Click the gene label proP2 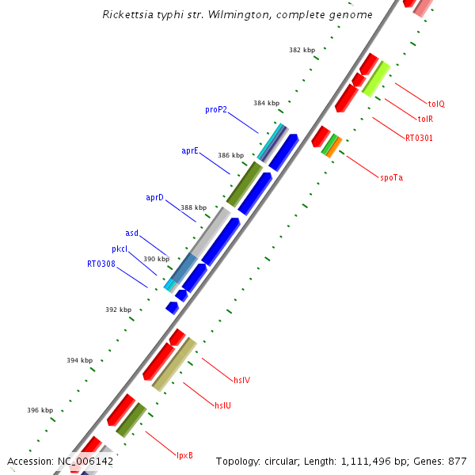[x=216, y=110]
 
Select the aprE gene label [x=190, y=150]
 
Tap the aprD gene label [x=154, y=197]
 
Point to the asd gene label [x=132, y=233]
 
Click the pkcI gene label [x=120, y=249]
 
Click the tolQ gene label [x=437, y=104]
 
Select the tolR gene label [x=425, y=119]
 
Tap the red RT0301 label [x=419, y=138]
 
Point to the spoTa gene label [x=391, y=177]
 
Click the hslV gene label [x=241, y=380]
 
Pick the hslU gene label [x=223, y=405]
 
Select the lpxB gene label [x=184, y=455]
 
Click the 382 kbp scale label [x=302, y=50]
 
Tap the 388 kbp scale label [x=193, y=207]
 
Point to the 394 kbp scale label [x=80, y=360]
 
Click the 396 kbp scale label [x=40, y=410]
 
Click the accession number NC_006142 [x=85, y=461]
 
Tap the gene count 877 [x=458, y=461]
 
